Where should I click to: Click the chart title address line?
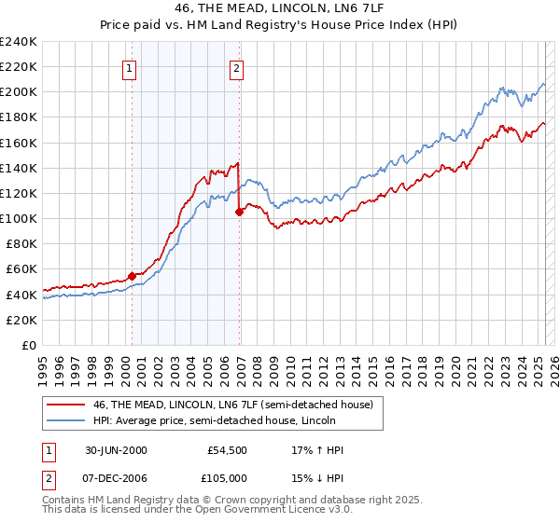[279, 7]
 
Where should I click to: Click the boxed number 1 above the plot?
[129, 67]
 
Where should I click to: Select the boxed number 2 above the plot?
[237, 67]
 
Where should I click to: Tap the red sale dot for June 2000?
[132, 276]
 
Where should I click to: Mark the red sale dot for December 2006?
[239, 212]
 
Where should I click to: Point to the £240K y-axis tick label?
[19, 42]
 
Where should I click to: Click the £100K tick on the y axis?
[19, 218]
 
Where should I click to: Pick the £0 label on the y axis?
[29, 345]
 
